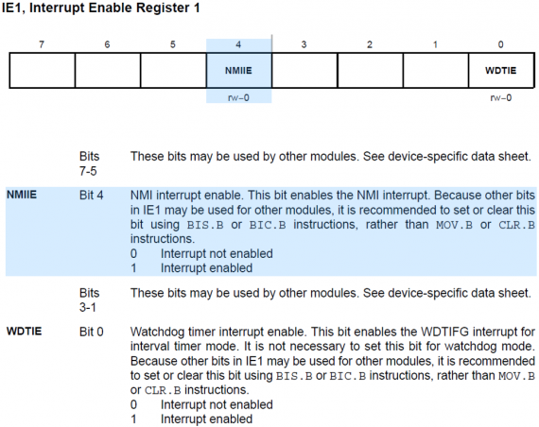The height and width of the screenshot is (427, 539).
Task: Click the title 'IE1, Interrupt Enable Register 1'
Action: tap(101, 8)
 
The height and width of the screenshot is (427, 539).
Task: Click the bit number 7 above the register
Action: tap(42, 44)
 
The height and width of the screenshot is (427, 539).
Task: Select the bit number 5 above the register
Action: tap(173, 44)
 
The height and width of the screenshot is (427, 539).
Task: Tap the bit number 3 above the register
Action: tap(304, 44)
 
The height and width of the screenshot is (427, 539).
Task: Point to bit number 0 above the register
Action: tap(501, 44)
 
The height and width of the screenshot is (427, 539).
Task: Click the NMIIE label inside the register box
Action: tap(238, 71)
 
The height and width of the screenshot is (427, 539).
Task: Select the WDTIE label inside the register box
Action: tap(501, 71)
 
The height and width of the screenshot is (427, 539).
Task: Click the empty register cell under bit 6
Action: tap(108, 71)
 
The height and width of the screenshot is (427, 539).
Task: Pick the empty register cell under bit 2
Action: tap(371, 71)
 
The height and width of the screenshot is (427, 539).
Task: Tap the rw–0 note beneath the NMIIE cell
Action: tap(238, 98)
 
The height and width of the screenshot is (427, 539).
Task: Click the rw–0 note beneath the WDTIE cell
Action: tap(501, 98)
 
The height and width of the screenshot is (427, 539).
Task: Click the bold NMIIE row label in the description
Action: tap(22, 195)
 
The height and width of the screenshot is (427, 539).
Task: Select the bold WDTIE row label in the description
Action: tap(24, 332)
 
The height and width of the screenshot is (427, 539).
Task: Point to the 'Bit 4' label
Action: tap(91, 196)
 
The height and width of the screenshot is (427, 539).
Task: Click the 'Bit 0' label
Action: tap(91, 332)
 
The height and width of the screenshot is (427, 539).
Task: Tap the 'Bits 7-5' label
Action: tap(89, 163)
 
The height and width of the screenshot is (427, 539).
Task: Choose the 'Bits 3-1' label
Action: tap(89, 299)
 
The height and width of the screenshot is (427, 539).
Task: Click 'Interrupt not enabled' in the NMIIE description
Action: tap(217, 253)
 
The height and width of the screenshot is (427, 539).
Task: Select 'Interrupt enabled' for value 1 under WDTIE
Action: tap(206, 419)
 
